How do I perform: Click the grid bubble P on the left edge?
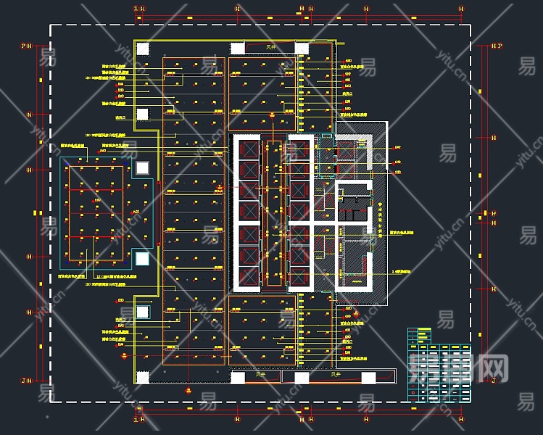[x=23, y=46]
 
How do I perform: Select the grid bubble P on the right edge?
[x=500, y=46]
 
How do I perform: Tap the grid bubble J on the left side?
[x=23, y=380]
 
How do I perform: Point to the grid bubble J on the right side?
[x=494, y=380]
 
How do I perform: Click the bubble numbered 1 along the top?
[x=135, y=9]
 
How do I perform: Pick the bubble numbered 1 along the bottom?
[x=135, y=419]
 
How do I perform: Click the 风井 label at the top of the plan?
[x=270, y=47]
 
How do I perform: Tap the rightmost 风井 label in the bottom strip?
[x=335, y=376]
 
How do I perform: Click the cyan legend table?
[x=439, y=365]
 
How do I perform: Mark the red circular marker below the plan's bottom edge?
[x=189, y=391]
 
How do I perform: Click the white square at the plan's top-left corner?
[x=143, y=49]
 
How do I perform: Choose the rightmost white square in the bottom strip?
[x=368, y=377]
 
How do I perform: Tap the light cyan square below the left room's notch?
[x=142, y=257]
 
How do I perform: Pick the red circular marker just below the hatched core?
[x=356, y=312]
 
